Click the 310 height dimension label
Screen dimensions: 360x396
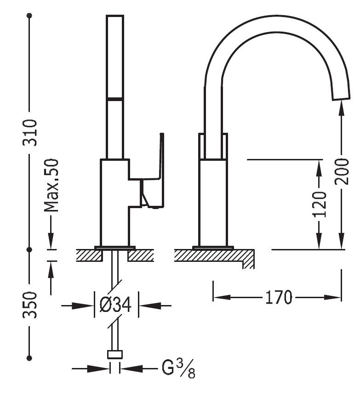[x=30, y=132]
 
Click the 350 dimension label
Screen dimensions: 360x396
[x=30, y=305]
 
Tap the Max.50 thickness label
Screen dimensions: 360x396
[x=51, y=185]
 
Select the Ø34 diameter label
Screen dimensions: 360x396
[x=116, y=305]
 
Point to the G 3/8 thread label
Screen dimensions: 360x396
[x=178, y=368]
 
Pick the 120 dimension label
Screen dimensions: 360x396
[x=319, y=204]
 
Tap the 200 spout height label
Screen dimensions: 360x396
[x=342, y=171]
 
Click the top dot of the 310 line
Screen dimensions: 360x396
[x=29, y=16]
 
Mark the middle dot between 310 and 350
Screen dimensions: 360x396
[x=29, y=249]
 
